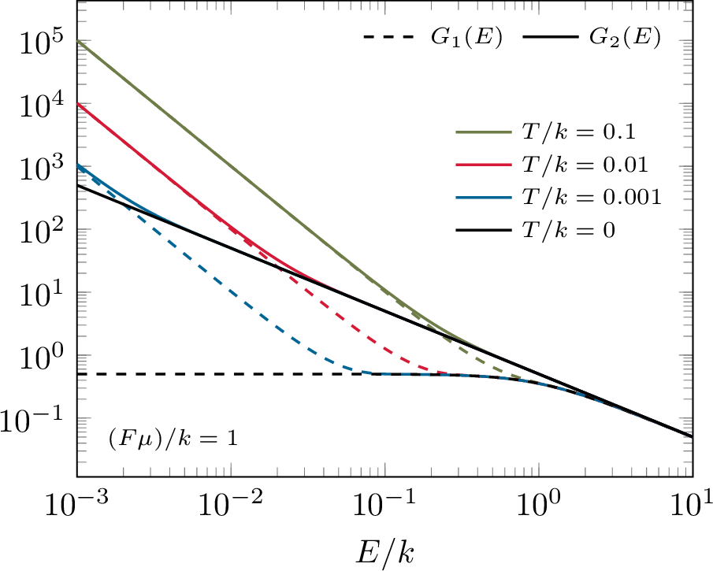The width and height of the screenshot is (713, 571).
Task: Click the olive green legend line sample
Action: [x=484, y=132]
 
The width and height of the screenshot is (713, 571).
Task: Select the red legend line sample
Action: [x=484, y=165]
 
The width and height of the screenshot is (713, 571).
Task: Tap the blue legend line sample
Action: [x=484, y=198]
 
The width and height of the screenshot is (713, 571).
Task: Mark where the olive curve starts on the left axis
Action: [x=78, y=40]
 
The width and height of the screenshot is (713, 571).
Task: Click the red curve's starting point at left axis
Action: [x=78, y=104]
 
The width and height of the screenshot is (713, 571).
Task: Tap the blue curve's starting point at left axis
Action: [x=78, y=166]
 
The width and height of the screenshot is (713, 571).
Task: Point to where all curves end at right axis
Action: [x=691, y=436]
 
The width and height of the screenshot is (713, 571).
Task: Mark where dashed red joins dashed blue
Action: [x=449, y=374]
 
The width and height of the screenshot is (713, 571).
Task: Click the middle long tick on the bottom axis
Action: [x=384, y=469]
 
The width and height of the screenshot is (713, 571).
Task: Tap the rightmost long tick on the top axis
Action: [x=538, y=8]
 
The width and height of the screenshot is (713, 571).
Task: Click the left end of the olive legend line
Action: [x=457, y=132]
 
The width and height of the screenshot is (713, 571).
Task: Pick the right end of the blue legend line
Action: [x=511, y=198]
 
